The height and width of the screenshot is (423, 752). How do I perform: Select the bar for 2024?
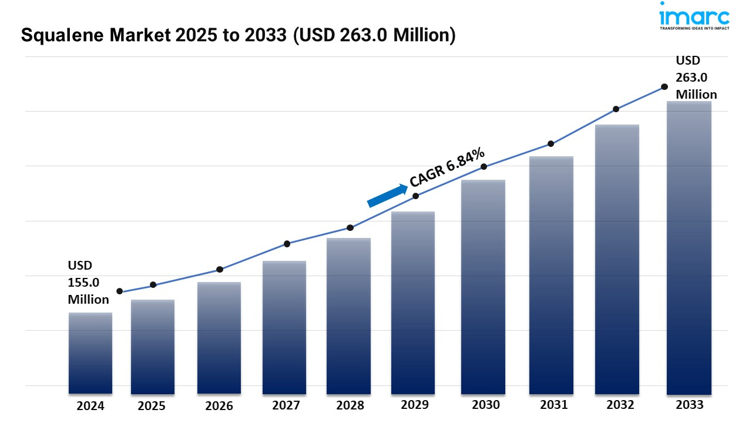[x=90, y=352]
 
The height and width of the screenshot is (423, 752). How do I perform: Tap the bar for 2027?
[x=284, y=327]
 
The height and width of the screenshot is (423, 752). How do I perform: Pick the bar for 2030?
[x=483, y=287]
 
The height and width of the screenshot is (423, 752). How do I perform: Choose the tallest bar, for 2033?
[x=689, y=247]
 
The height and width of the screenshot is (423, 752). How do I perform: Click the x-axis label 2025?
[x=152, y=406]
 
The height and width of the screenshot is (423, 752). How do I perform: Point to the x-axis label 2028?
[x=350, y=405]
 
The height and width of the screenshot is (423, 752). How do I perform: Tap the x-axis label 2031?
[x=553, y=405]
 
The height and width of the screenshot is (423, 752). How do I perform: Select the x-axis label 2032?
[x=620, y=405]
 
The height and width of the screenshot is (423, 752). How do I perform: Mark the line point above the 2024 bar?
[x=120, y=291]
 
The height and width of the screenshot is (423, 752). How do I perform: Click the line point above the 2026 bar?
[x=220, y=270]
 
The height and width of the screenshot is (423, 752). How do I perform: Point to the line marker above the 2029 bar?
[x=415, y=196]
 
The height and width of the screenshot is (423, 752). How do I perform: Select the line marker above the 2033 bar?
[x=664, y=86]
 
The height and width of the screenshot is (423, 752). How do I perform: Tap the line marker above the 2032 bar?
[x=616, y=109]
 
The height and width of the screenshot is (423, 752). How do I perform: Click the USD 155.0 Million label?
[x=88, y=283]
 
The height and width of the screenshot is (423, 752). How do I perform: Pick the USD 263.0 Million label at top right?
[x=696, y=78]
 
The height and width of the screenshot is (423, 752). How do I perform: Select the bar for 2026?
[x=219, y=338]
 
